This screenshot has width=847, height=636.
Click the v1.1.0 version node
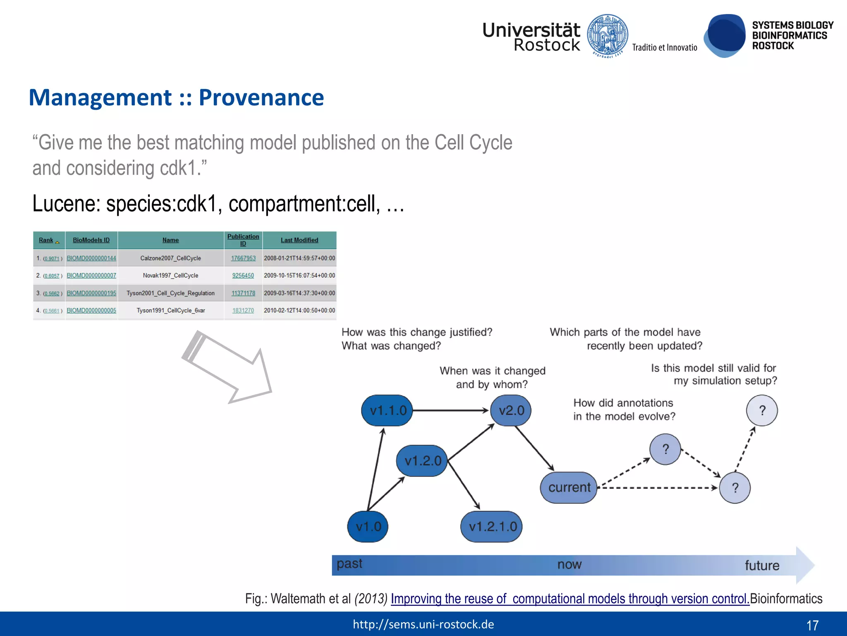pos(388,410)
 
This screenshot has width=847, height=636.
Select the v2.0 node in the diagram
pos(511,410)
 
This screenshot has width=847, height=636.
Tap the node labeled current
pos(569,487)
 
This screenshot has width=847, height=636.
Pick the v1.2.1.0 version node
pos(492,526)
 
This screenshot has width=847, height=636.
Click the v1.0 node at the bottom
pos(368,526)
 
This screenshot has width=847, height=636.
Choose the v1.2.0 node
pos(422,461)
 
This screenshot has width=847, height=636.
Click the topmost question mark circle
pos(762,410)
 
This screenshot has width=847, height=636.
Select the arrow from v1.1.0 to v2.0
pos(451,410)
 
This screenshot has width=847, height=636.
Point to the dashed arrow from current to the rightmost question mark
pos(658,488)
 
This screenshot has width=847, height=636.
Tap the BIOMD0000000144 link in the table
pos(91,258)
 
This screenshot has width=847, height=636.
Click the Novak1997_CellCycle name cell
pos(170,275)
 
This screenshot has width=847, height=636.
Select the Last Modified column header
pos(299,240)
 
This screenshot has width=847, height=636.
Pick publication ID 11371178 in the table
pos(243,293)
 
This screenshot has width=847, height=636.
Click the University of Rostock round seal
pos(608,36)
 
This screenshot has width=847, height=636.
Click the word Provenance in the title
pos(261,98)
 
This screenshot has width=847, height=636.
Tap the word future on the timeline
pos(762,565)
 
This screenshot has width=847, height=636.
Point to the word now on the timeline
pos(569,564)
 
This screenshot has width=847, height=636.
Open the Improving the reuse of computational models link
pos(569,599)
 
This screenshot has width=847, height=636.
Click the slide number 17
pos(812,625)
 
